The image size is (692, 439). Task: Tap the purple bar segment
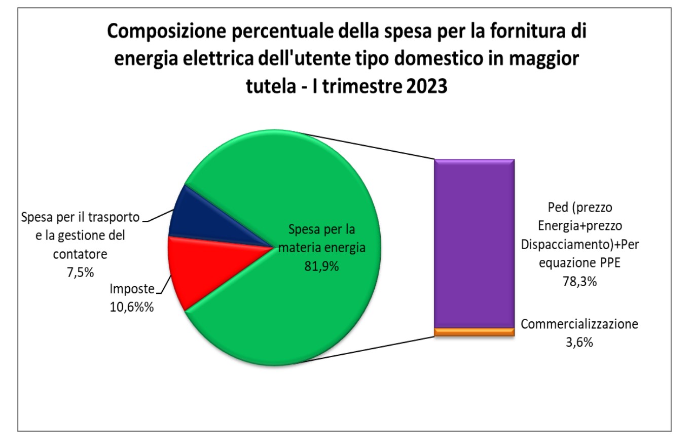click(474, 244)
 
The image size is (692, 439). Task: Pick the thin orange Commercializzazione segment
click(474, 332)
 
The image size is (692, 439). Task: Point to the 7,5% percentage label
click(80, 272)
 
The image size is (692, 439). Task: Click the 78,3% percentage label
click(579, 282)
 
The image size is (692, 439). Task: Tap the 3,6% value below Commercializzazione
click(578, 343)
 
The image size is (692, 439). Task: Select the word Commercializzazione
click(579, 324)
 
